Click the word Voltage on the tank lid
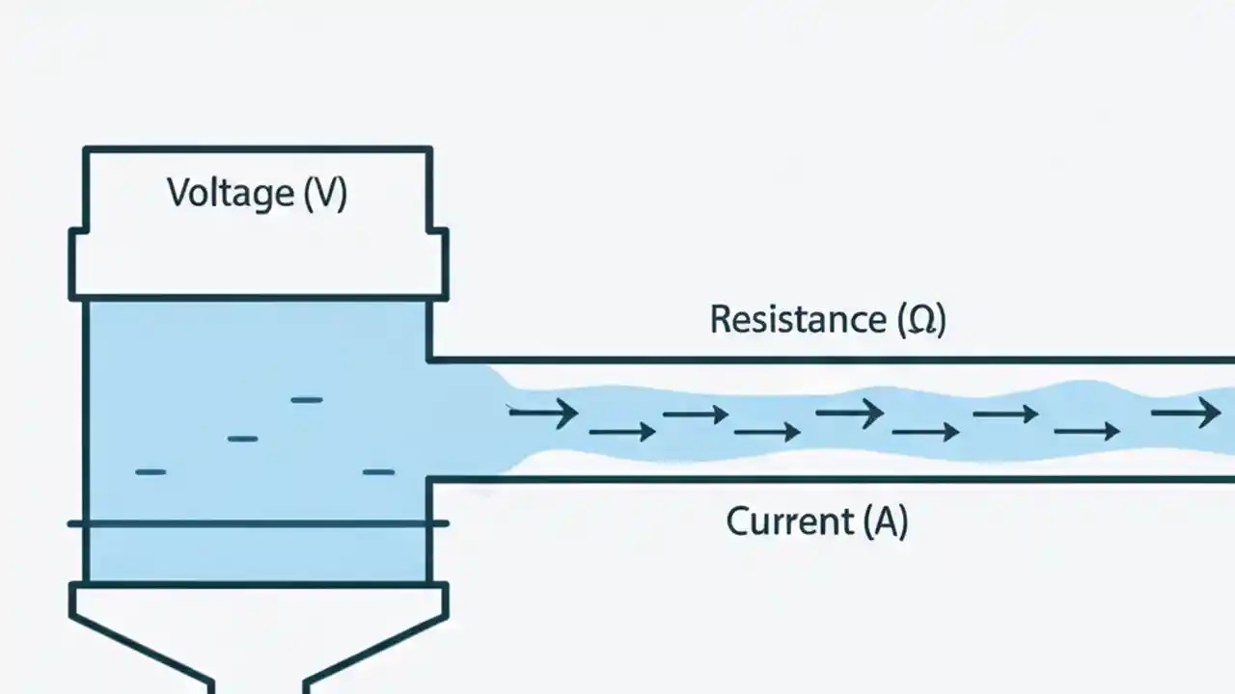click(230, 193)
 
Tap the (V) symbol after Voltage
click(325, 193)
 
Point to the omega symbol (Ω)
click(921, 319)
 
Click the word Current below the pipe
click(789, 522)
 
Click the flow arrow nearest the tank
click(542, 414)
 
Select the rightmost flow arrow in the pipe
click(1186, 414)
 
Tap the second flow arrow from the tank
click(622, 432)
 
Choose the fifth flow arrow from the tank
click(849, 414)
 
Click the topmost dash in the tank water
click(307, 399)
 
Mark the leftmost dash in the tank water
click(151, 471)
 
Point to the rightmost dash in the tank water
click(378, 471)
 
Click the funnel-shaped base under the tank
click(259, 636)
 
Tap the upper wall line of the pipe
click(830, 360)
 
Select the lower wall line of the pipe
click(830, 479)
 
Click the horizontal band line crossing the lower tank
click(259, 523)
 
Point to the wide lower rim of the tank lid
click(259, 264)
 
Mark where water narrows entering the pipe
click(482, 419)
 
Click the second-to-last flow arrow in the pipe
click(1086, 432)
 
